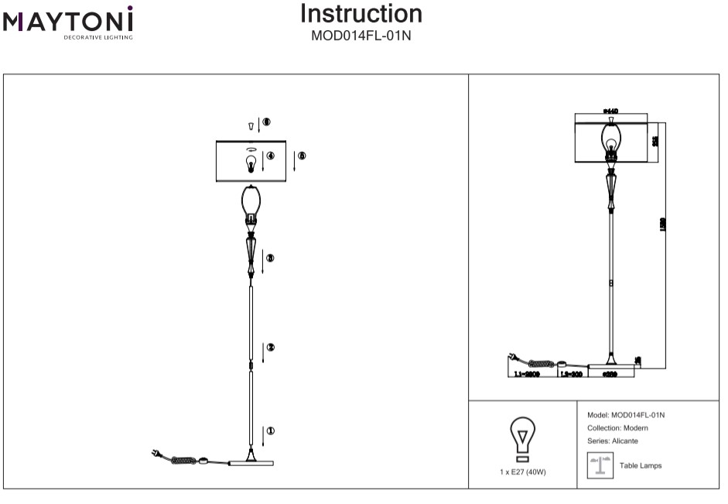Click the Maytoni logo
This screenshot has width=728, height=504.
coord(68,22)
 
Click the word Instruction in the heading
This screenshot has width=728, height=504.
coord(361,14)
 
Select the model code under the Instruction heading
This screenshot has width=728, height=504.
coord(361,36)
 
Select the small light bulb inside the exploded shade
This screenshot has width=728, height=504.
coord(250,164)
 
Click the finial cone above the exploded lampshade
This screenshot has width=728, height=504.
coord(251,125)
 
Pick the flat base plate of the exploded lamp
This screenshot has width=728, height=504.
coord(251,463)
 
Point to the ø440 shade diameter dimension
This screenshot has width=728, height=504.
coord(611,111)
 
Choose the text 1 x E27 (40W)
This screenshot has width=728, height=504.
coord(523,472)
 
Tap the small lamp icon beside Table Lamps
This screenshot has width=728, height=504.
coord(596,465)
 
